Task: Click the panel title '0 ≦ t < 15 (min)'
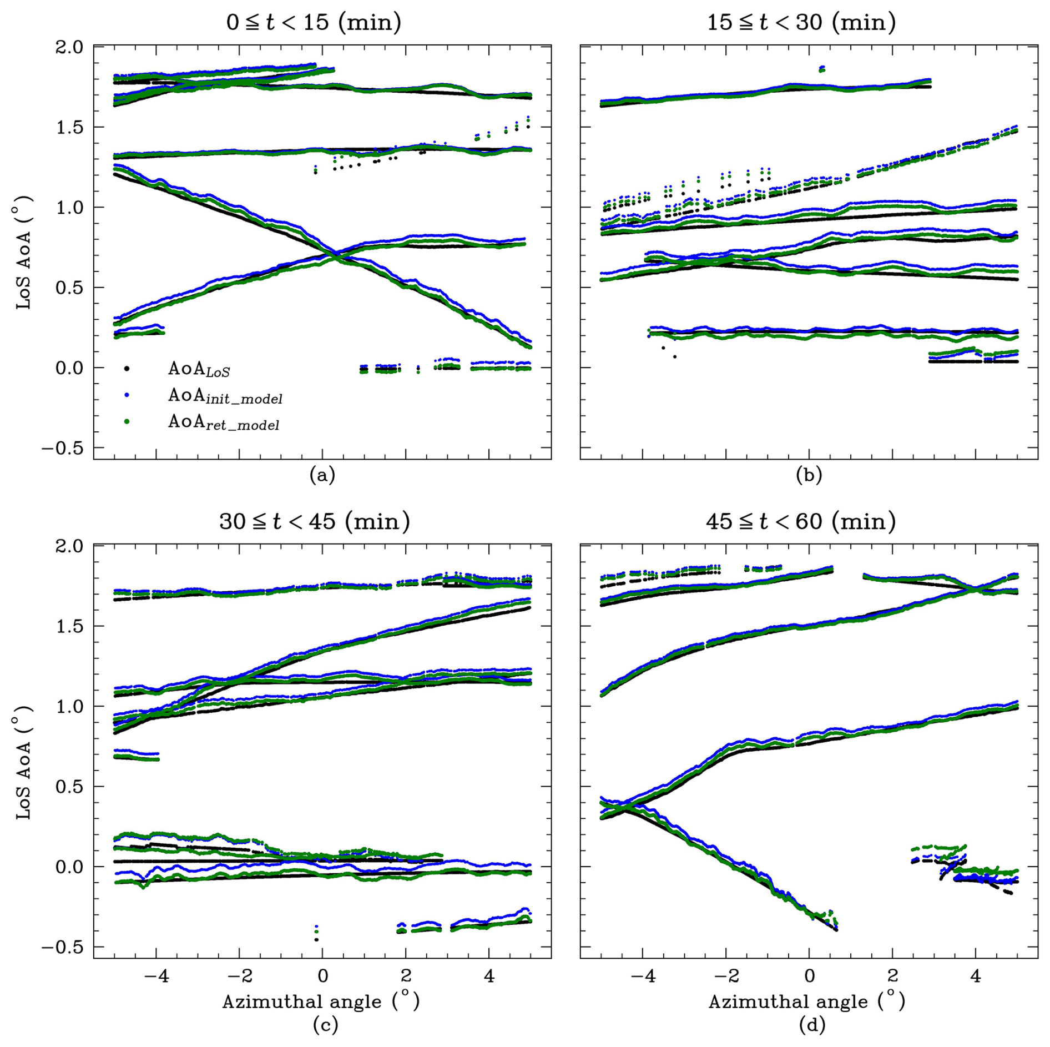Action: (314, 23)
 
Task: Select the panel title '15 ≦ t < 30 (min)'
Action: (801, 23)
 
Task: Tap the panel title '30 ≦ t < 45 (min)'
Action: (314, 522)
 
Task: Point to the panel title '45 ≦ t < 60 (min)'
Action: (801, 522)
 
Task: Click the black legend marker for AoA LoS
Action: (127, 369)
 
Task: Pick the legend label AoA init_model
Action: (225, 396)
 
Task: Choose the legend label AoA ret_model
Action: (224, 423)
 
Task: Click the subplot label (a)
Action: (322, 475)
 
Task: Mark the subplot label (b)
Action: (809, 475)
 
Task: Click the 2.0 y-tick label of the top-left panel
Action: (69, 47)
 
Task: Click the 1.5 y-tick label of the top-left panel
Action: (69, 127)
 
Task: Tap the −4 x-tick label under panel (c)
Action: (156, 975)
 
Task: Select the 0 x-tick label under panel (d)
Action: (809, 975)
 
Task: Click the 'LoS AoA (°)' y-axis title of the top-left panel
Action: (24, 253)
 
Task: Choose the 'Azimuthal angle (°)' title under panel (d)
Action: (807, 1001)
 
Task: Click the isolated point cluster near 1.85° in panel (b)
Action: (822, 68)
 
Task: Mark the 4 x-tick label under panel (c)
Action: (489, 975)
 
